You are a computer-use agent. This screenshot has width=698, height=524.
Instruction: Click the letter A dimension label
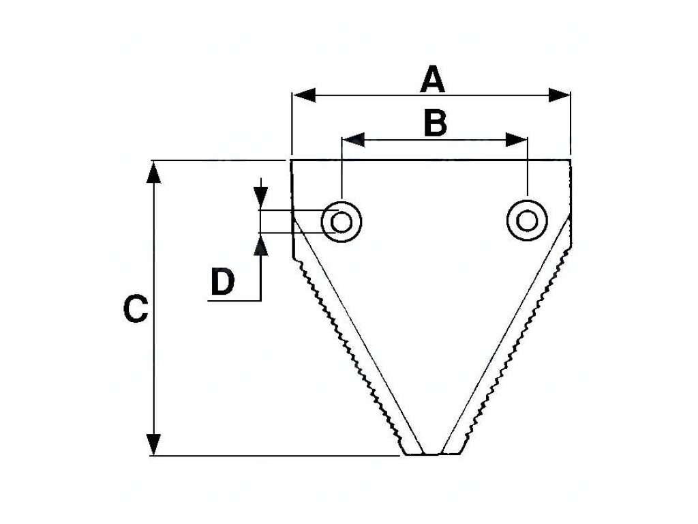click(432, 80)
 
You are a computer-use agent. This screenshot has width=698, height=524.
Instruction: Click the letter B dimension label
click(435, 124)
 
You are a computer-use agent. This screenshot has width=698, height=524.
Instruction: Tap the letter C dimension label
click(135, 309)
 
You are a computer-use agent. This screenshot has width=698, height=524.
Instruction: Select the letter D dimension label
click(222, 282)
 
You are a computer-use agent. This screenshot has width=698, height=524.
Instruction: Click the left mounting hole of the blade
click(342, 222)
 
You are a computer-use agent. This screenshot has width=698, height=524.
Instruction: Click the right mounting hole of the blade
click(526, 220)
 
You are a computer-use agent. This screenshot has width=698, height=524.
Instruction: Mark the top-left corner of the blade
click(292, 161)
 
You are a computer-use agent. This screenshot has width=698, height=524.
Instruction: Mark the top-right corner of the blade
click(570, 161)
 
